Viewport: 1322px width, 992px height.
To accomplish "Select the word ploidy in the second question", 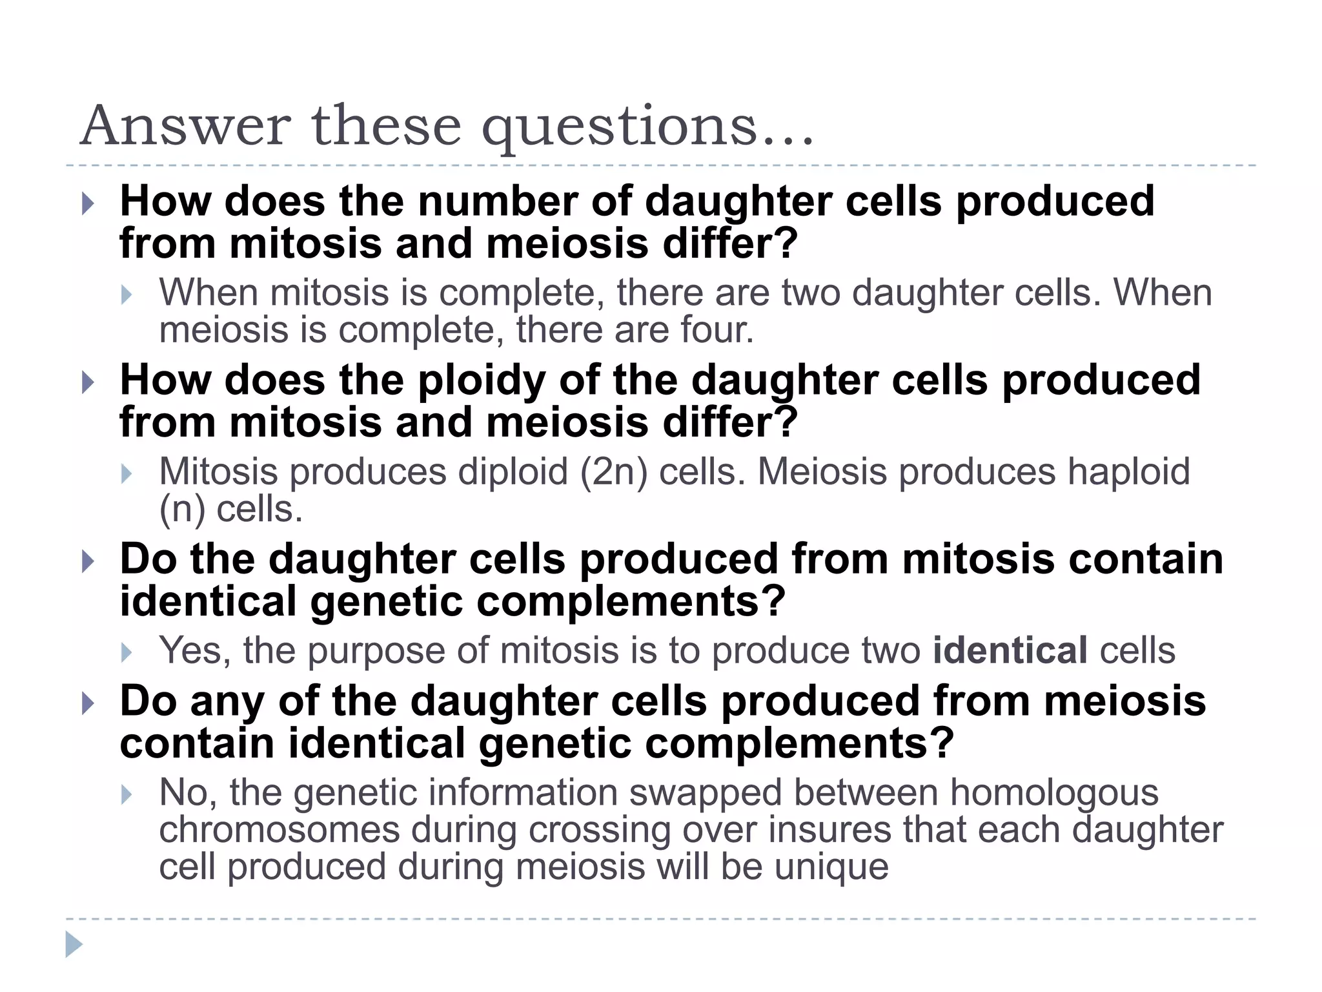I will [482, 381].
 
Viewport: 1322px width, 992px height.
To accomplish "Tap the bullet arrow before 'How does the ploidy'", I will [88, 382].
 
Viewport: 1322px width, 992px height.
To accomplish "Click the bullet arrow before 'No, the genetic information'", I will [127, 794].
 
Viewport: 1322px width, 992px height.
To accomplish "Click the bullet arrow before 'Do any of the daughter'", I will [88, 703].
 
